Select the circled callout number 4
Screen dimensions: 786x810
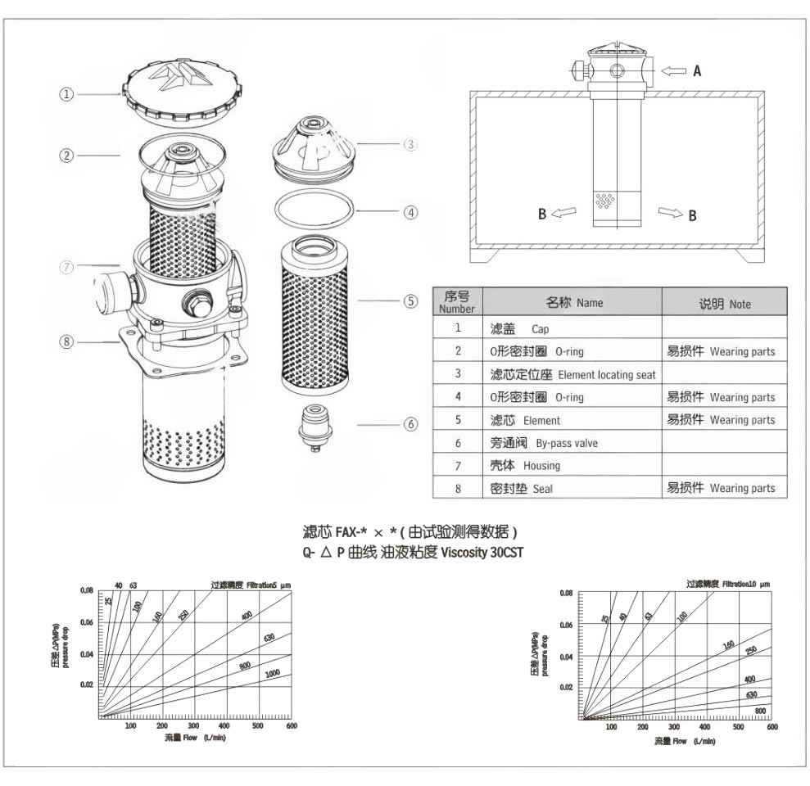click(x=411, y=211)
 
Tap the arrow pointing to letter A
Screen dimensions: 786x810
click(x=675, y=71)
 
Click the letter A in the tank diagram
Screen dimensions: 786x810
click(x=697, y=71)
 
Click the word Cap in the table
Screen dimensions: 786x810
click(x=541, y=328)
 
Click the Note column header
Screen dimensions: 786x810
click(x=724, y=303)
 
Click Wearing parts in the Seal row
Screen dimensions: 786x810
click(x=742, y=489)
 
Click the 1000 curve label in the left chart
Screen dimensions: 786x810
click(x=272, y=673)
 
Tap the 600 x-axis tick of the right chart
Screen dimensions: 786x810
click(x=772, y=727)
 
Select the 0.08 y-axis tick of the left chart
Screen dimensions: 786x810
click(x=88, y=589)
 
